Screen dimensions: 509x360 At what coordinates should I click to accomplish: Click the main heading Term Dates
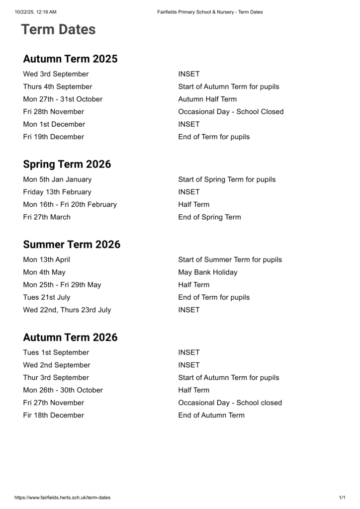click(58, 30)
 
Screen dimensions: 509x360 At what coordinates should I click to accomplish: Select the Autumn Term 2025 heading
click(70, 59)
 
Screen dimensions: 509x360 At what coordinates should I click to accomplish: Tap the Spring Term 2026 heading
click(67, 165)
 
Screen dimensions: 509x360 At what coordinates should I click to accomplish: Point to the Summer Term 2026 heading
click(72, 245)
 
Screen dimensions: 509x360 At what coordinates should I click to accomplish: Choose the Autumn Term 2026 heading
click(70, 338)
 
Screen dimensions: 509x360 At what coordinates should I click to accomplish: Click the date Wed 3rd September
click(56, 74)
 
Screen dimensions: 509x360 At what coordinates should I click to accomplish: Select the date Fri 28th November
click(53, 112)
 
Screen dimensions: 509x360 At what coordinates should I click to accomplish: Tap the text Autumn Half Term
click(207, 99)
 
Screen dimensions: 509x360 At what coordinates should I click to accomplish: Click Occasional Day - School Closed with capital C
click(231, 112)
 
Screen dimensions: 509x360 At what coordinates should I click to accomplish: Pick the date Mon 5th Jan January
click(57, 179)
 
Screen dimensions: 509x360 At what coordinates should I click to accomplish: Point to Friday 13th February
click(57, 192)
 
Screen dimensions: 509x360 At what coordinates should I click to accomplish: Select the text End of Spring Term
click(209, 217)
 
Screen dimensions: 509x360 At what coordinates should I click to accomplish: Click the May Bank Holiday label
click(208, 272)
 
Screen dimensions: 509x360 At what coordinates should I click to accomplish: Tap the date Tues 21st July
click(46, 297)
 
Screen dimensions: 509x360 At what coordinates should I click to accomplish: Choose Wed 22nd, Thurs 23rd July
click(67, 310)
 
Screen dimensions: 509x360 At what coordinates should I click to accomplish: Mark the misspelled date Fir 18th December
click(53, 416)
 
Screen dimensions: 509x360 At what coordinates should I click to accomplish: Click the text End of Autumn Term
click(211, 416)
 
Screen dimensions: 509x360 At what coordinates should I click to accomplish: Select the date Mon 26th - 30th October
click(63, 390)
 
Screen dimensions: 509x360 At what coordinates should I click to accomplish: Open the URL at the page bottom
click(63, 498)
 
